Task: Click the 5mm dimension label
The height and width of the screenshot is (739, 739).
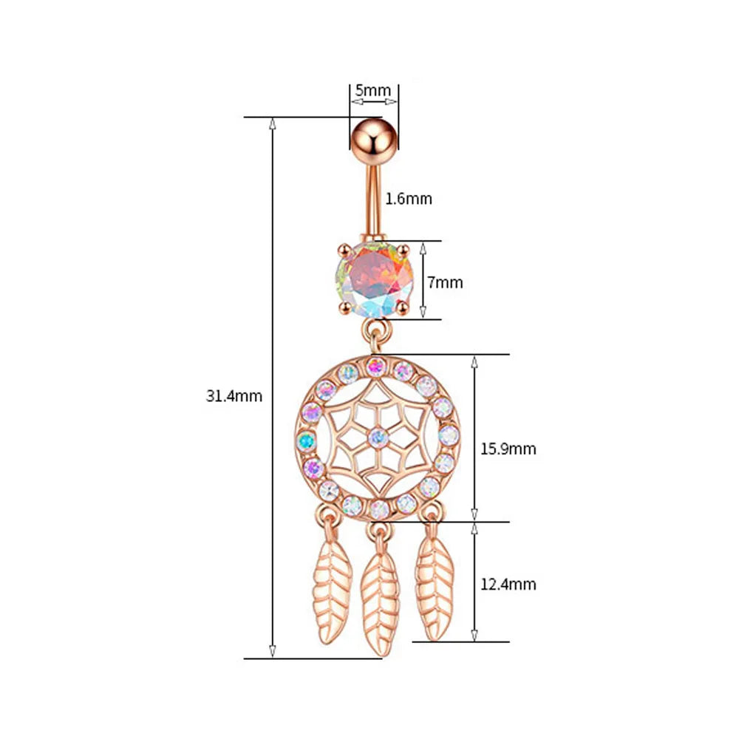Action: (372, 90)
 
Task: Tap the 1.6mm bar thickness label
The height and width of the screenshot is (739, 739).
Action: (409, 199)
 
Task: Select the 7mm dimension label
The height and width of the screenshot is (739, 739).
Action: (445, 282)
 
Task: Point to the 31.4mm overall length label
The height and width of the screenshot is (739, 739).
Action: (234, 396)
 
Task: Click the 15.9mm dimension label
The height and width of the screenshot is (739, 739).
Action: (508, 449)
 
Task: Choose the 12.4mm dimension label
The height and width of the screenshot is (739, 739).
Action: (508, 585)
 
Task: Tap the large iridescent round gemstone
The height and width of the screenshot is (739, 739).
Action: (375, 280)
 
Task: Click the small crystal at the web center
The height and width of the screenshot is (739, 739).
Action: (378, 438)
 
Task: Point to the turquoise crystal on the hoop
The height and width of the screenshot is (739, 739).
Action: (307, 441)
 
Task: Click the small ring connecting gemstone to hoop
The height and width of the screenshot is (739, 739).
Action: (377, 330)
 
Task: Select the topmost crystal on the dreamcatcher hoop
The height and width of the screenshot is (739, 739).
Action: (375, 366)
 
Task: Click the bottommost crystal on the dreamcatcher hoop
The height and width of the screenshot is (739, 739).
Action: (378, 508)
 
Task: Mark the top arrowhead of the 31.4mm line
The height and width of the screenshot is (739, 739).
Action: (272, 124)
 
